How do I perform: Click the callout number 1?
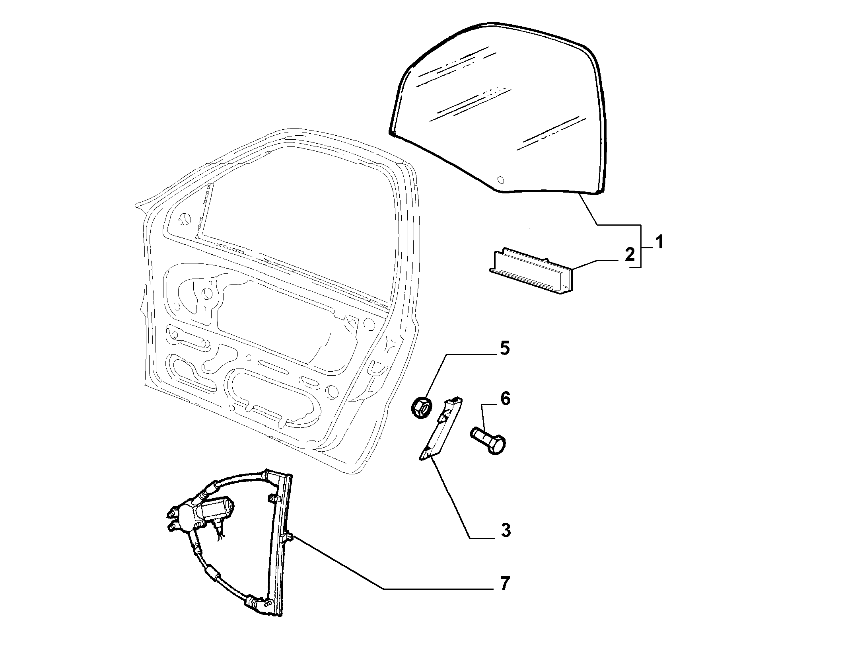[x=659, y=242]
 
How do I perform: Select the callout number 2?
[x=630, y=255]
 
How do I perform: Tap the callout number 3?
[x=506, y=530]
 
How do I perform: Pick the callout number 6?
[x=505, y=398]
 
